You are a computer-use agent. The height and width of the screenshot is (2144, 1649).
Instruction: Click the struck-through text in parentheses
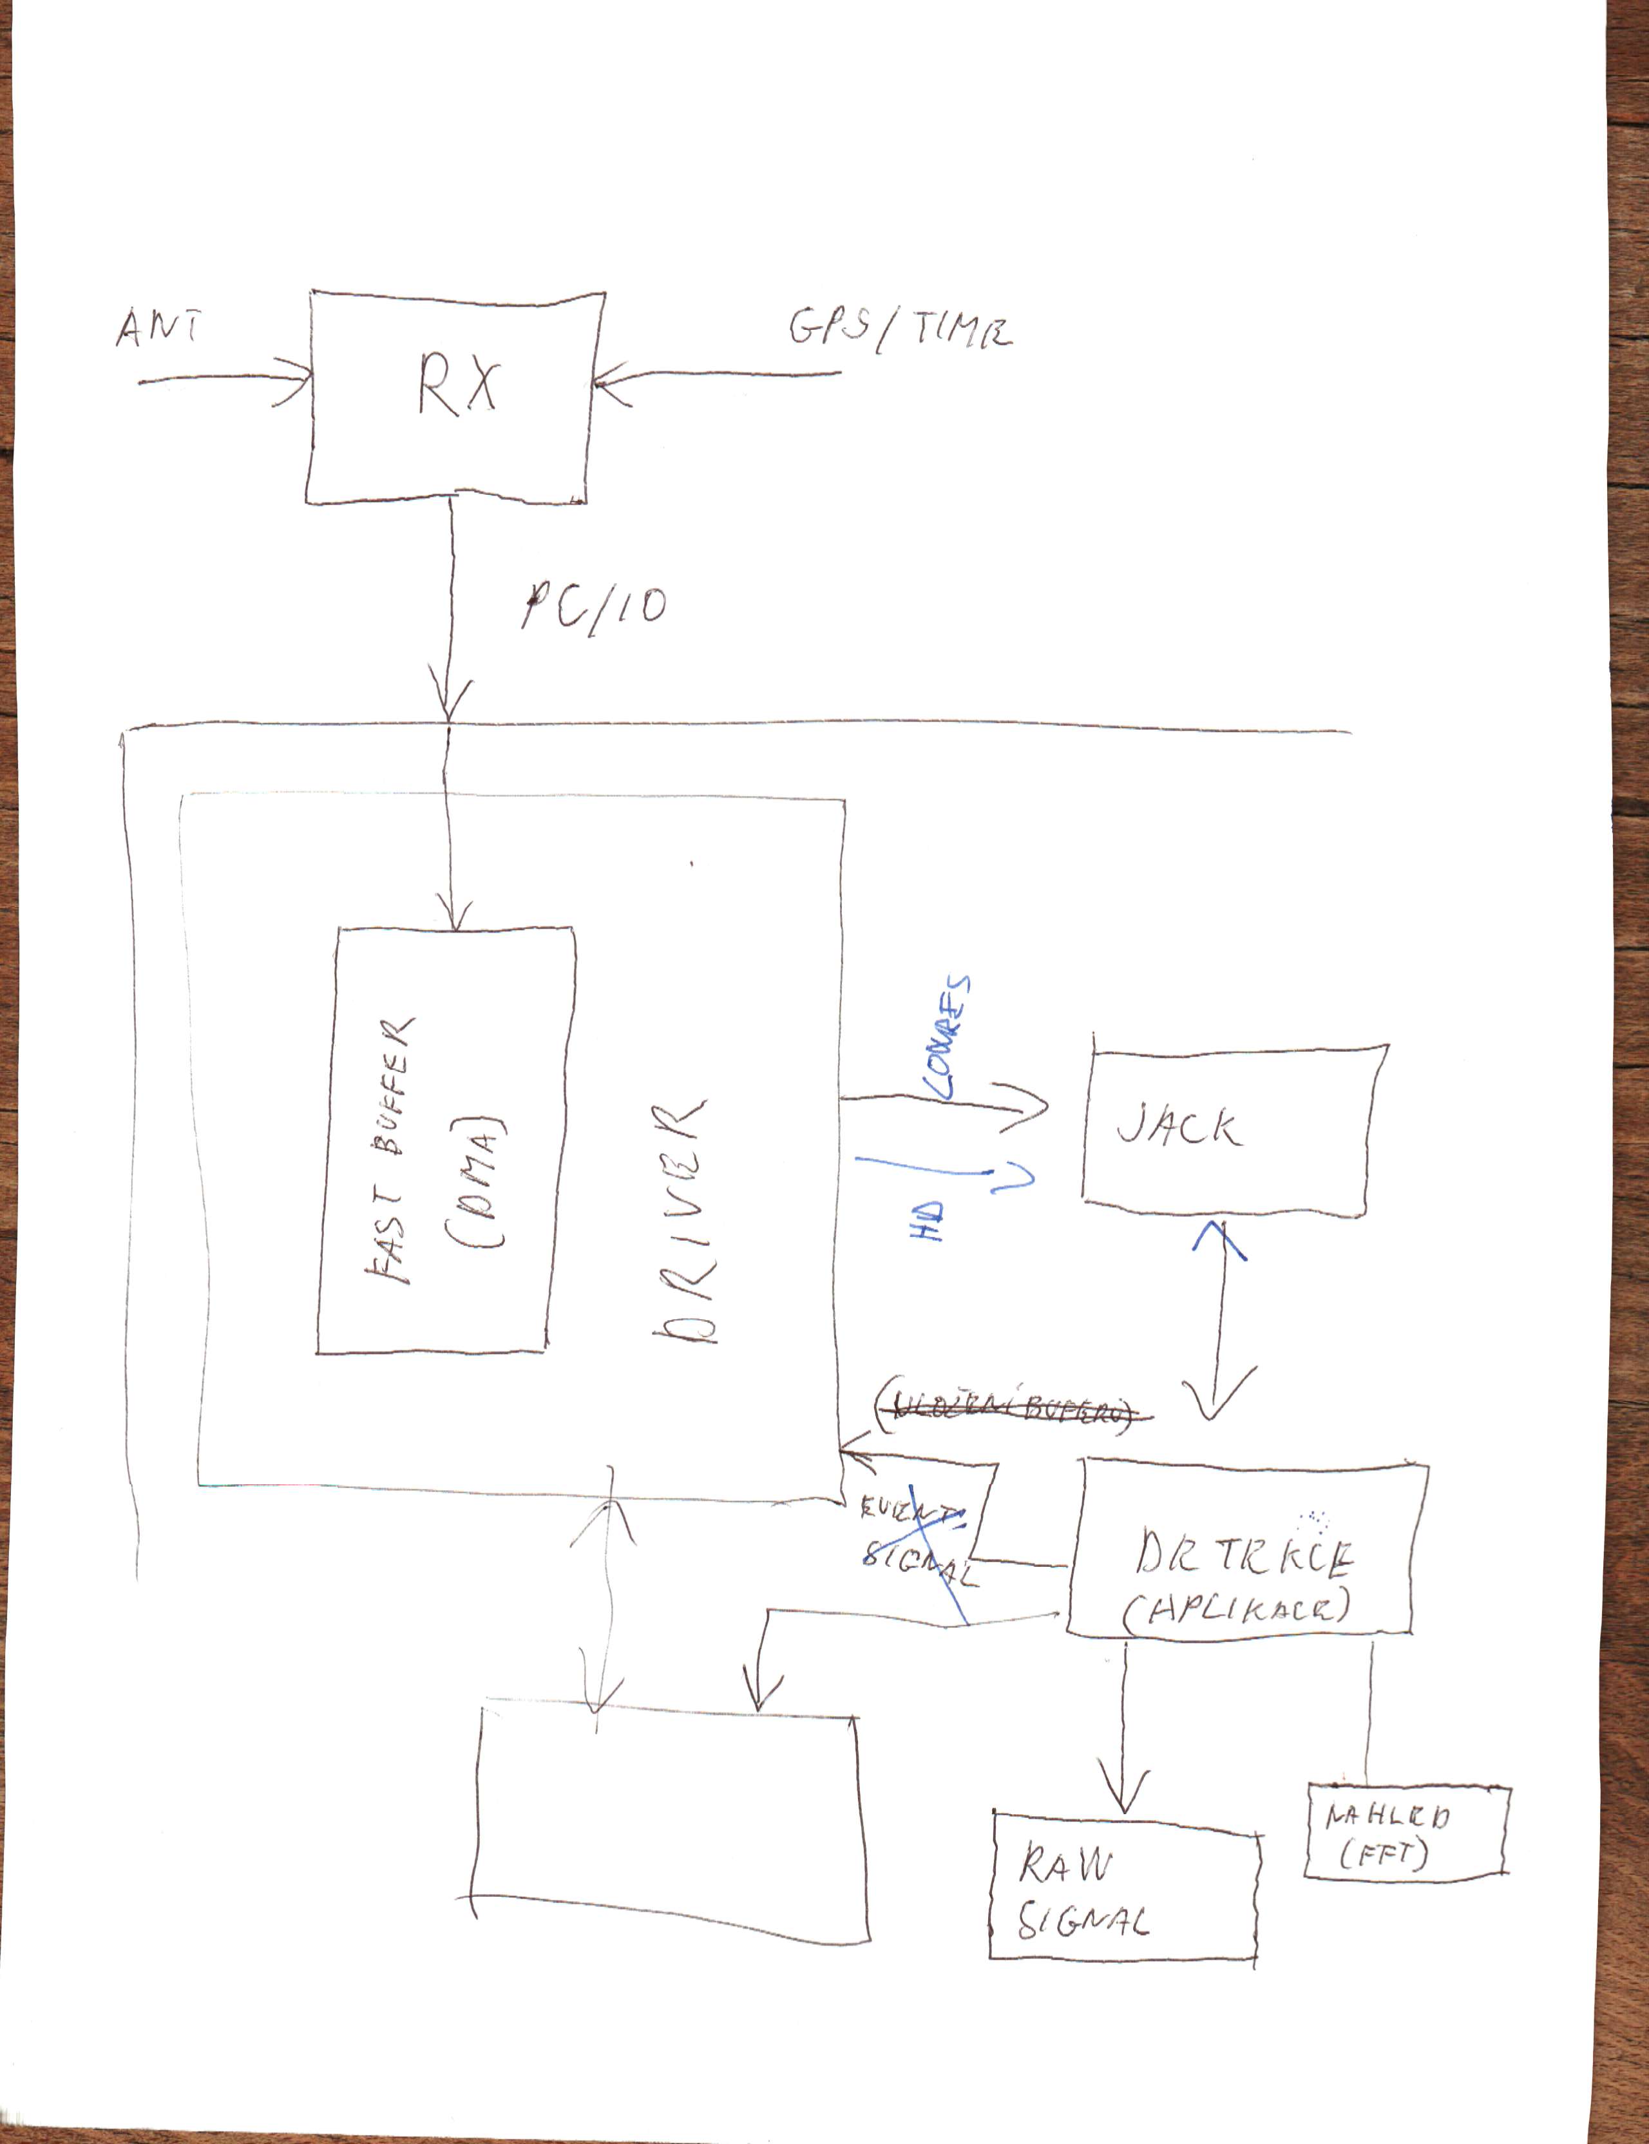1012,1411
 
